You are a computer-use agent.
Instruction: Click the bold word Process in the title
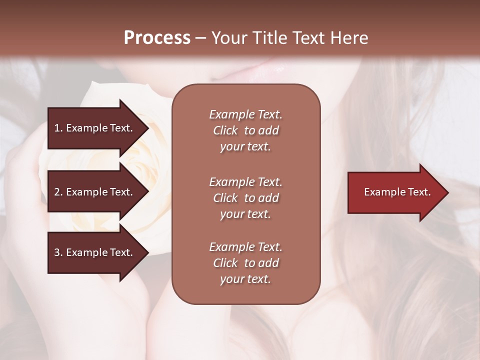[157, 38]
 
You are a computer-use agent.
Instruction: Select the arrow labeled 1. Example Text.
[95, 128]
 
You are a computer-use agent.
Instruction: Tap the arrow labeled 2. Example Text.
[95, 192]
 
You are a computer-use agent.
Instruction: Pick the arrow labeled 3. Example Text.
[95, 252]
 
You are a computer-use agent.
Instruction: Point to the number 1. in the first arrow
[58, 128]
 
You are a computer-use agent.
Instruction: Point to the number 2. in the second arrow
[58, 192]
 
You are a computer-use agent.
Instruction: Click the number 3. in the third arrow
[58, 252]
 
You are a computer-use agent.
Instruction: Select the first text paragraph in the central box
[245, 130]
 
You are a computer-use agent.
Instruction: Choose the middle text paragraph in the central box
[245, 197]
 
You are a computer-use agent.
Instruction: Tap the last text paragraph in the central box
[245, 263]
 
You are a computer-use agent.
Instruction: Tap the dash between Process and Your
[200, 38]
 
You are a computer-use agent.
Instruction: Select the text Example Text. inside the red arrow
[397, 192]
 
